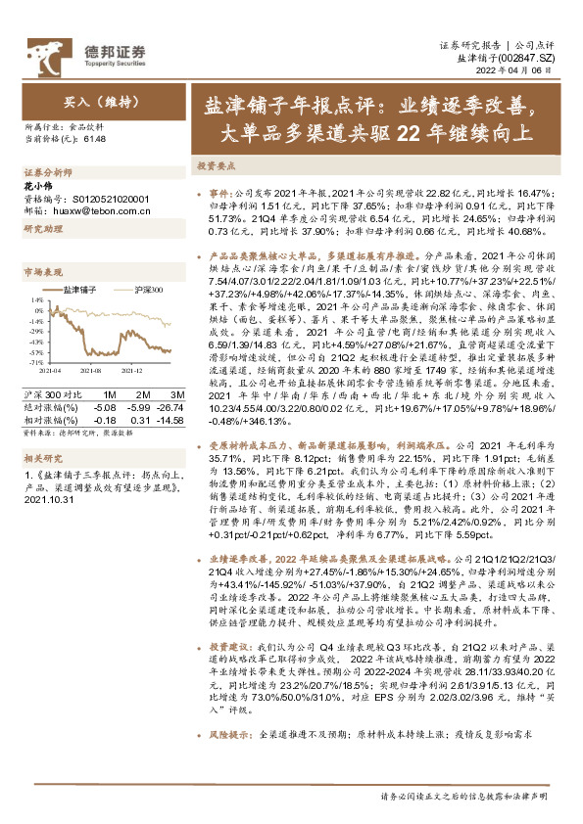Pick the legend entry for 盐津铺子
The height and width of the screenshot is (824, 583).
point(78,291)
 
